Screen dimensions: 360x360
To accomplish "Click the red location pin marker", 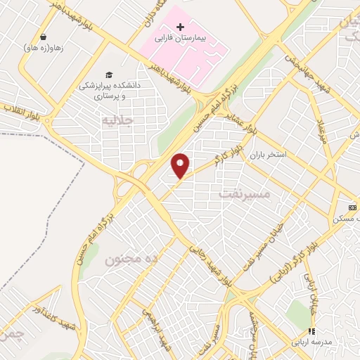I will coord(181,165).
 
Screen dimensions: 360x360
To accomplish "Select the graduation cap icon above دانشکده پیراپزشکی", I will coord(108,75).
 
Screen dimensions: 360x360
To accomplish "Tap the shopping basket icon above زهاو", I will coord(44,37).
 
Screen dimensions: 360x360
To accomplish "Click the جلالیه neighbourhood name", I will coord(117,120).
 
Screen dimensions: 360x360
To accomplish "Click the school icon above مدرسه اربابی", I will coord(311,331).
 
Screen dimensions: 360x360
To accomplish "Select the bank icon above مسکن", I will coord(352,207).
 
